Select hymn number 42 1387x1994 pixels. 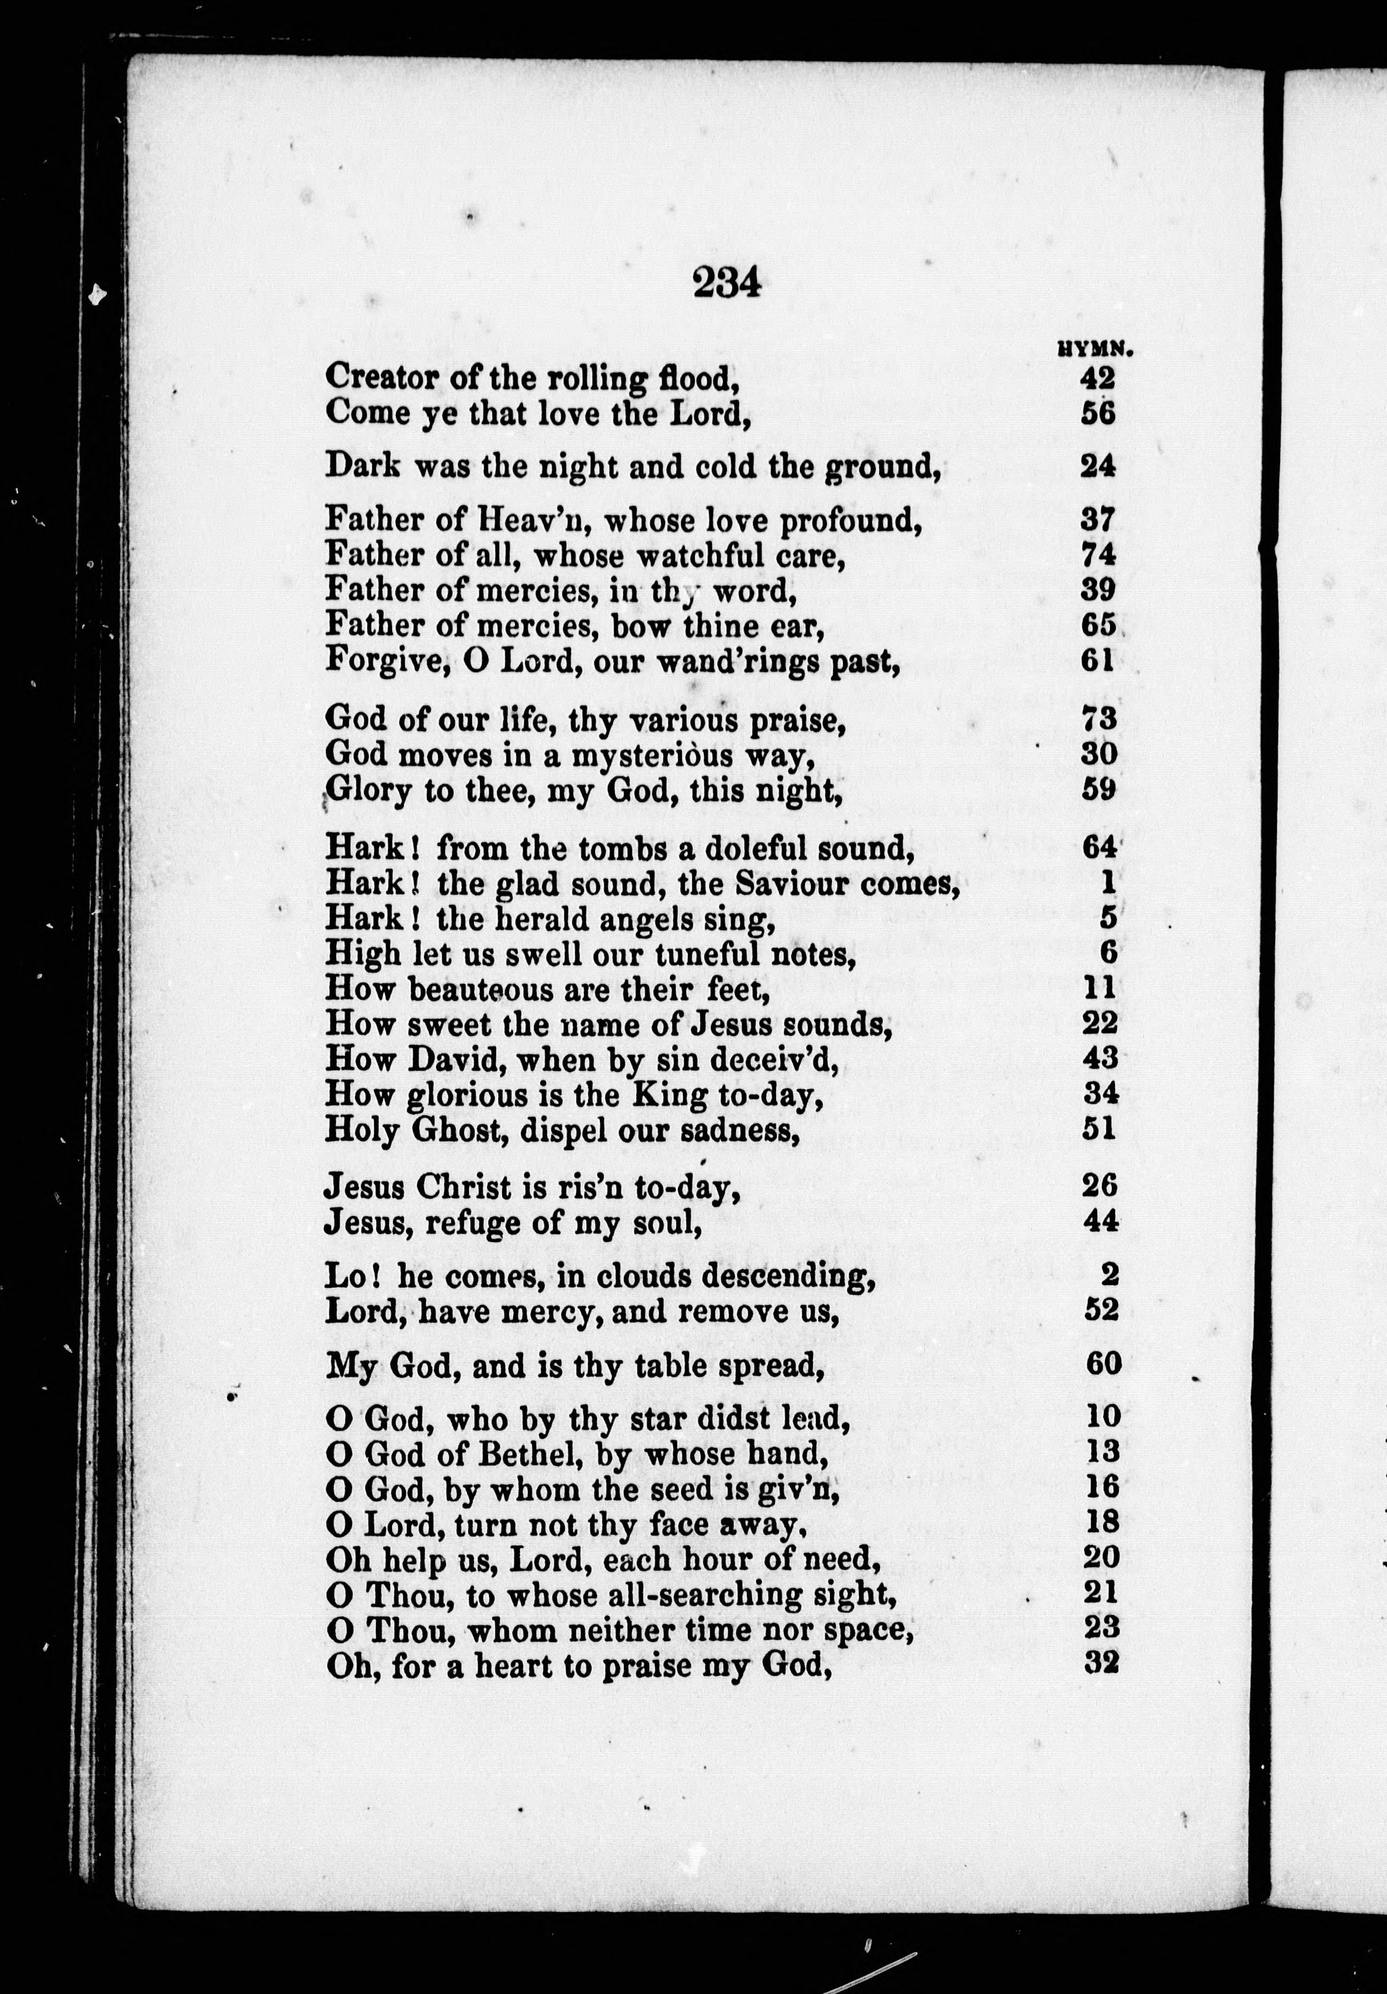(x=1098, y=378)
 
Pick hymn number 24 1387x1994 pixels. (x=1098, y=466)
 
